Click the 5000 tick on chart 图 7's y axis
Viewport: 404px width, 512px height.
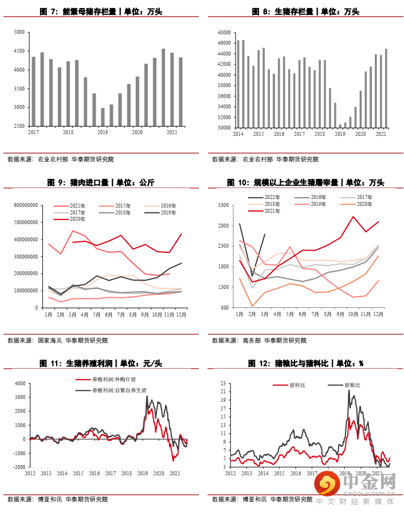(x=19, y=33)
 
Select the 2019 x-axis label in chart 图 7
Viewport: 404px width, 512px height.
(x=103, y=132)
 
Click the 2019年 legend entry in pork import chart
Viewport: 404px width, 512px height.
(x=167, y=212)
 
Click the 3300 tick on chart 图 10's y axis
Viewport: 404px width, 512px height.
(x=222, y=205)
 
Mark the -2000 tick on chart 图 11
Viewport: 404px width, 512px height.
(x=19, y=467)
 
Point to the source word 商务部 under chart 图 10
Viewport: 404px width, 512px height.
(x=252, y=341)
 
